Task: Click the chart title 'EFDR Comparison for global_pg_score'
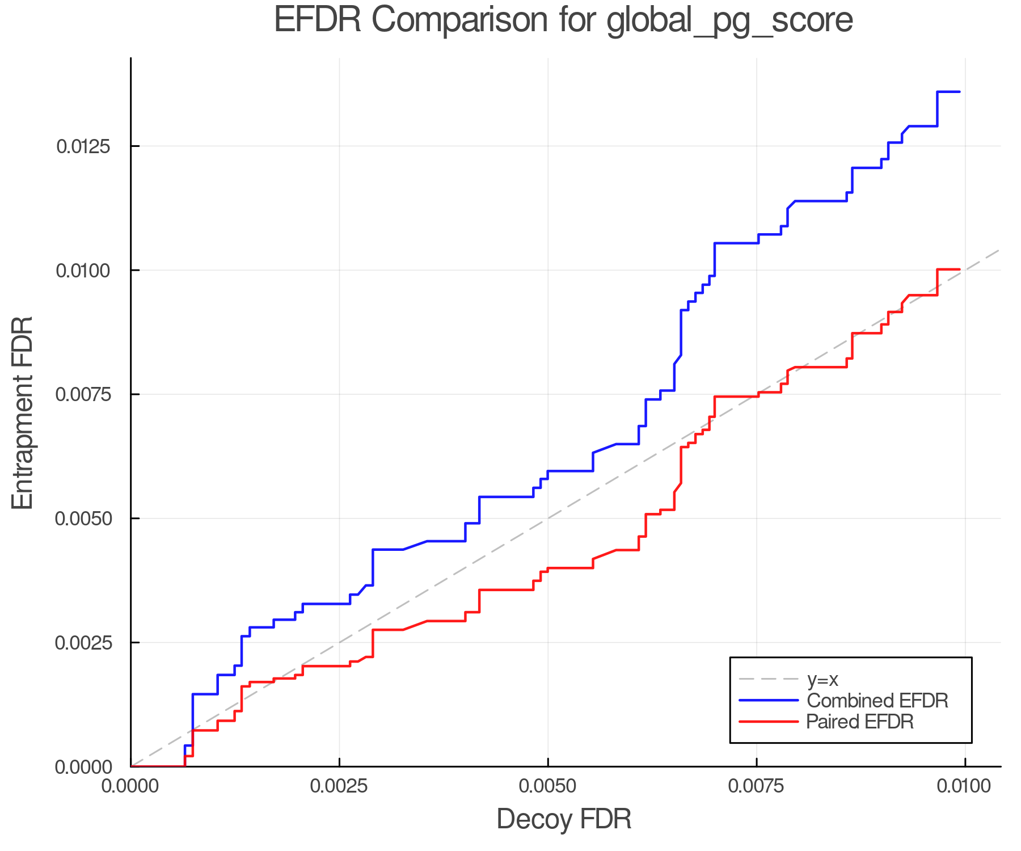point(563,20)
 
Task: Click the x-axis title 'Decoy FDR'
point(564,819)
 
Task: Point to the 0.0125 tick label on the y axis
point(83,146)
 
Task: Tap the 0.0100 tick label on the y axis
point(83,271)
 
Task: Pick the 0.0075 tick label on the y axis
point(83,394)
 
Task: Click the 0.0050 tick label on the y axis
point(83,519)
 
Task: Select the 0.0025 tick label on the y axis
point(83,643)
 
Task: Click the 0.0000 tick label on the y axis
point(83,767)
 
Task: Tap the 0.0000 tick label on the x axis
point(130,786)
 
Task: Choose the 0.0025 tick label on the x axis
point(339,786)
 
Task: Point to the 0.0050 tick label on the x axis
point(548,786)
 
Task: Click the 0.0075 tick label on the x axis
point(757,786)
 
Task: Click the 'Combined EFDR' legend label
point(877,701)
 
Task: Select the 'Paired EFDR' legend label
point(860,722)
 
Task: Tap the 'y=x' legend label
point(822,679)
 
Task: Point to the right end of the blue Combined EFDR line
point(959,92)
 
